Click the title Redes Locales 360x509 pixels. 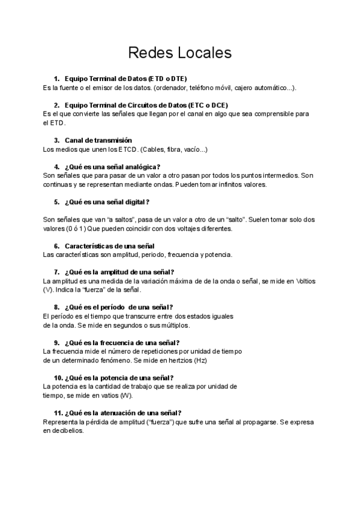(179, 53)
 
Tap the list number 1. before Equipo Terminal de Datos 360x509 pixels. (56, 79)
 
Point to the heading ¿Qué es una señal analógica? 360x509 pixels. (112, 166)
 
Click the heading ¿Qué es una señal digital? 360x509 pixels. (107, 202)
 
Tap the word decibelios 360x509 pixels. (68, 431)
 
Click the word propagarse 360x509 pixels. (260, 422)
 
